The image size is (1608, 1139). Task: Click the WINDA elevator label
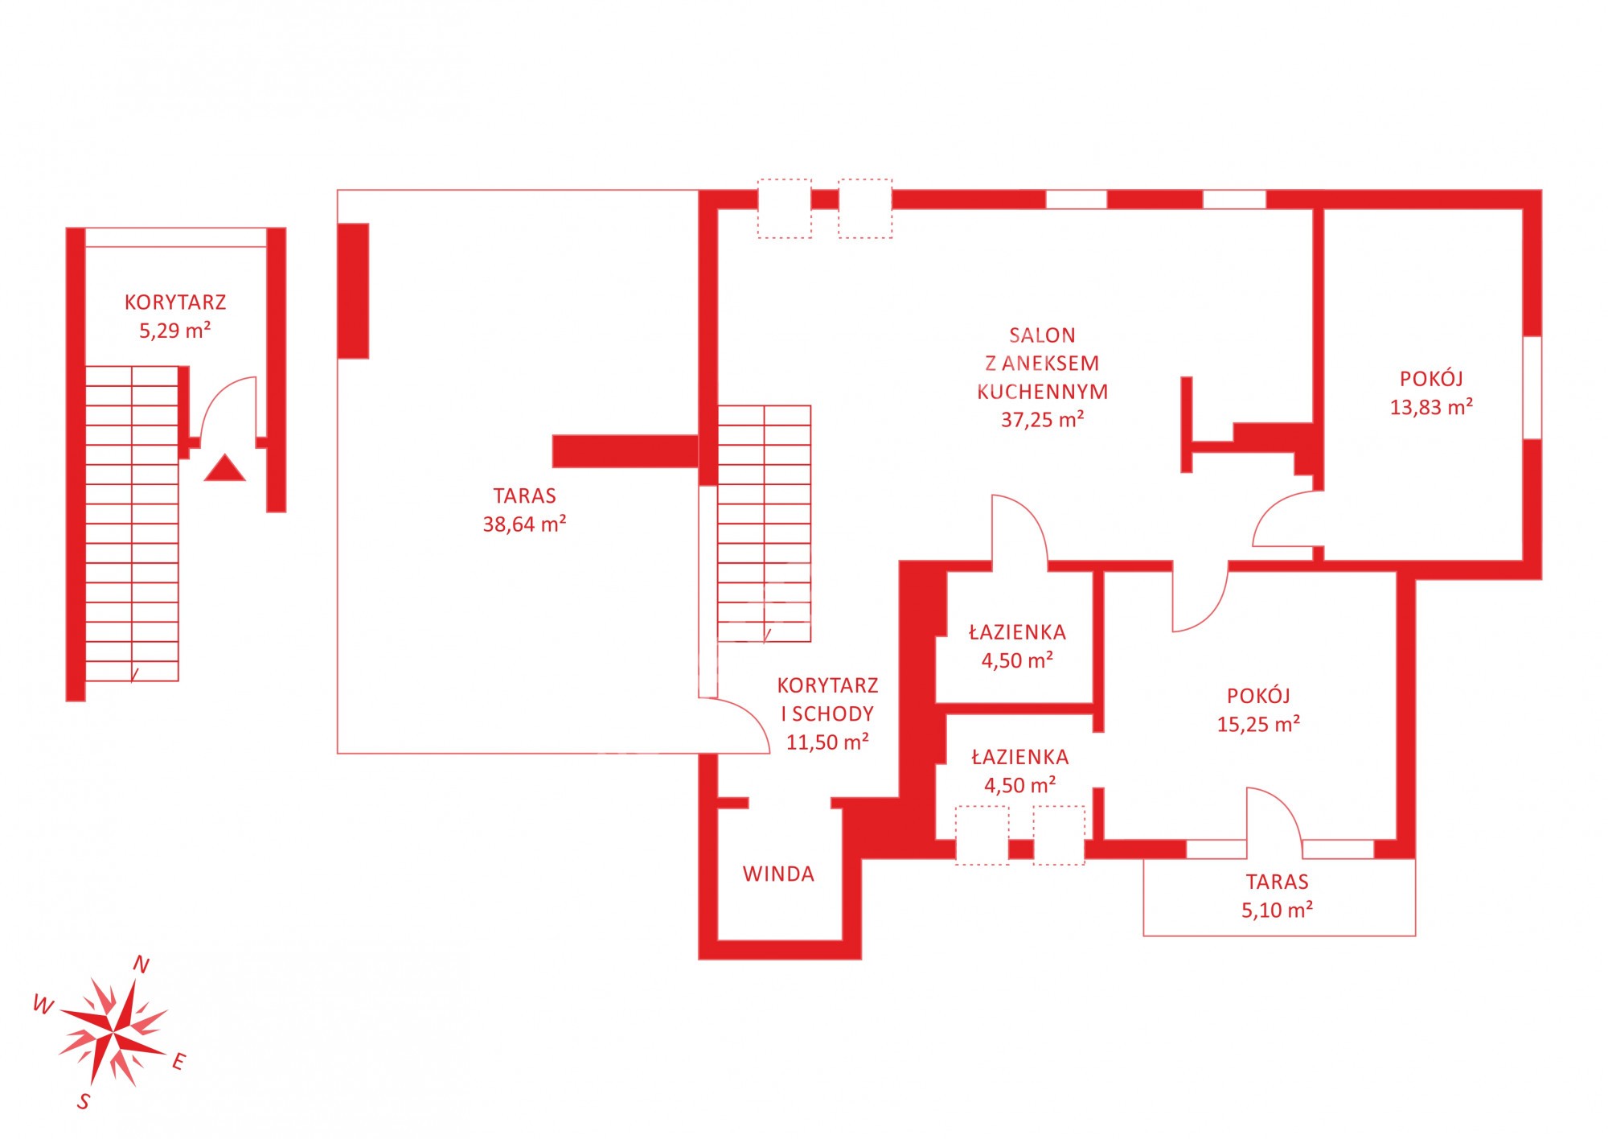click(778, 874)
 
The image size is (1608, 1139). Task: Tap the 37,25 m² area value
click(1042, 419)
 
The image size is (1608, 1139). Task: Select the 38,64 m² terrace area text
click(524, 524)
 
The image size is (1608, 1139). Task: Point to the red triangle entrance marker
click(224, 468)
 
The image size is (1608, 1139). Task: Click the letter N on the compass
click(141, 964)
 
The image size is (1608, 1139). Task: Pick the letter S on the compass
click(84, 1101)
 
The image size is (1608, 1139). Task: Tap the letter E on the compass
click(178, 1062)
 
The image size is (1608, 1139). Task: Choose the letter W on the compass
click(43, 1004)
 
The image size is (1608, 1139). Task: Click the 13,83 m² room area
click(1431, 407)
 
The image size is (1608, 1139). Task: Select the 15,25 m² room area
click(1258, 724)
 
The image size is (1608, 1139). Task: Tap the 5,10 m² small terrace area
click(1277, 910)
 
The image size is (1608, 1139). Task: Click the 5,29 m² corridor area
click(175, 331)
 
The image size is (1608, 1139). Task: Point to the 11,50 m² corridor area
click(827, 742)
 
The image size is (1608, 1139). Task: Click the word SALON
click(1042, 335)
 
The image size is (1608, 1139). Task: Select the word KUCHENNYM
click(1042, 392)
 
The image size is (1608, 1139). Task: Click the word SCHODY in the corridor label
click(833, 713)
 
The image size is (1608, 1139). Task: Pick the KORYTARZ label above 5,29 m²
click(175, 302)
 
